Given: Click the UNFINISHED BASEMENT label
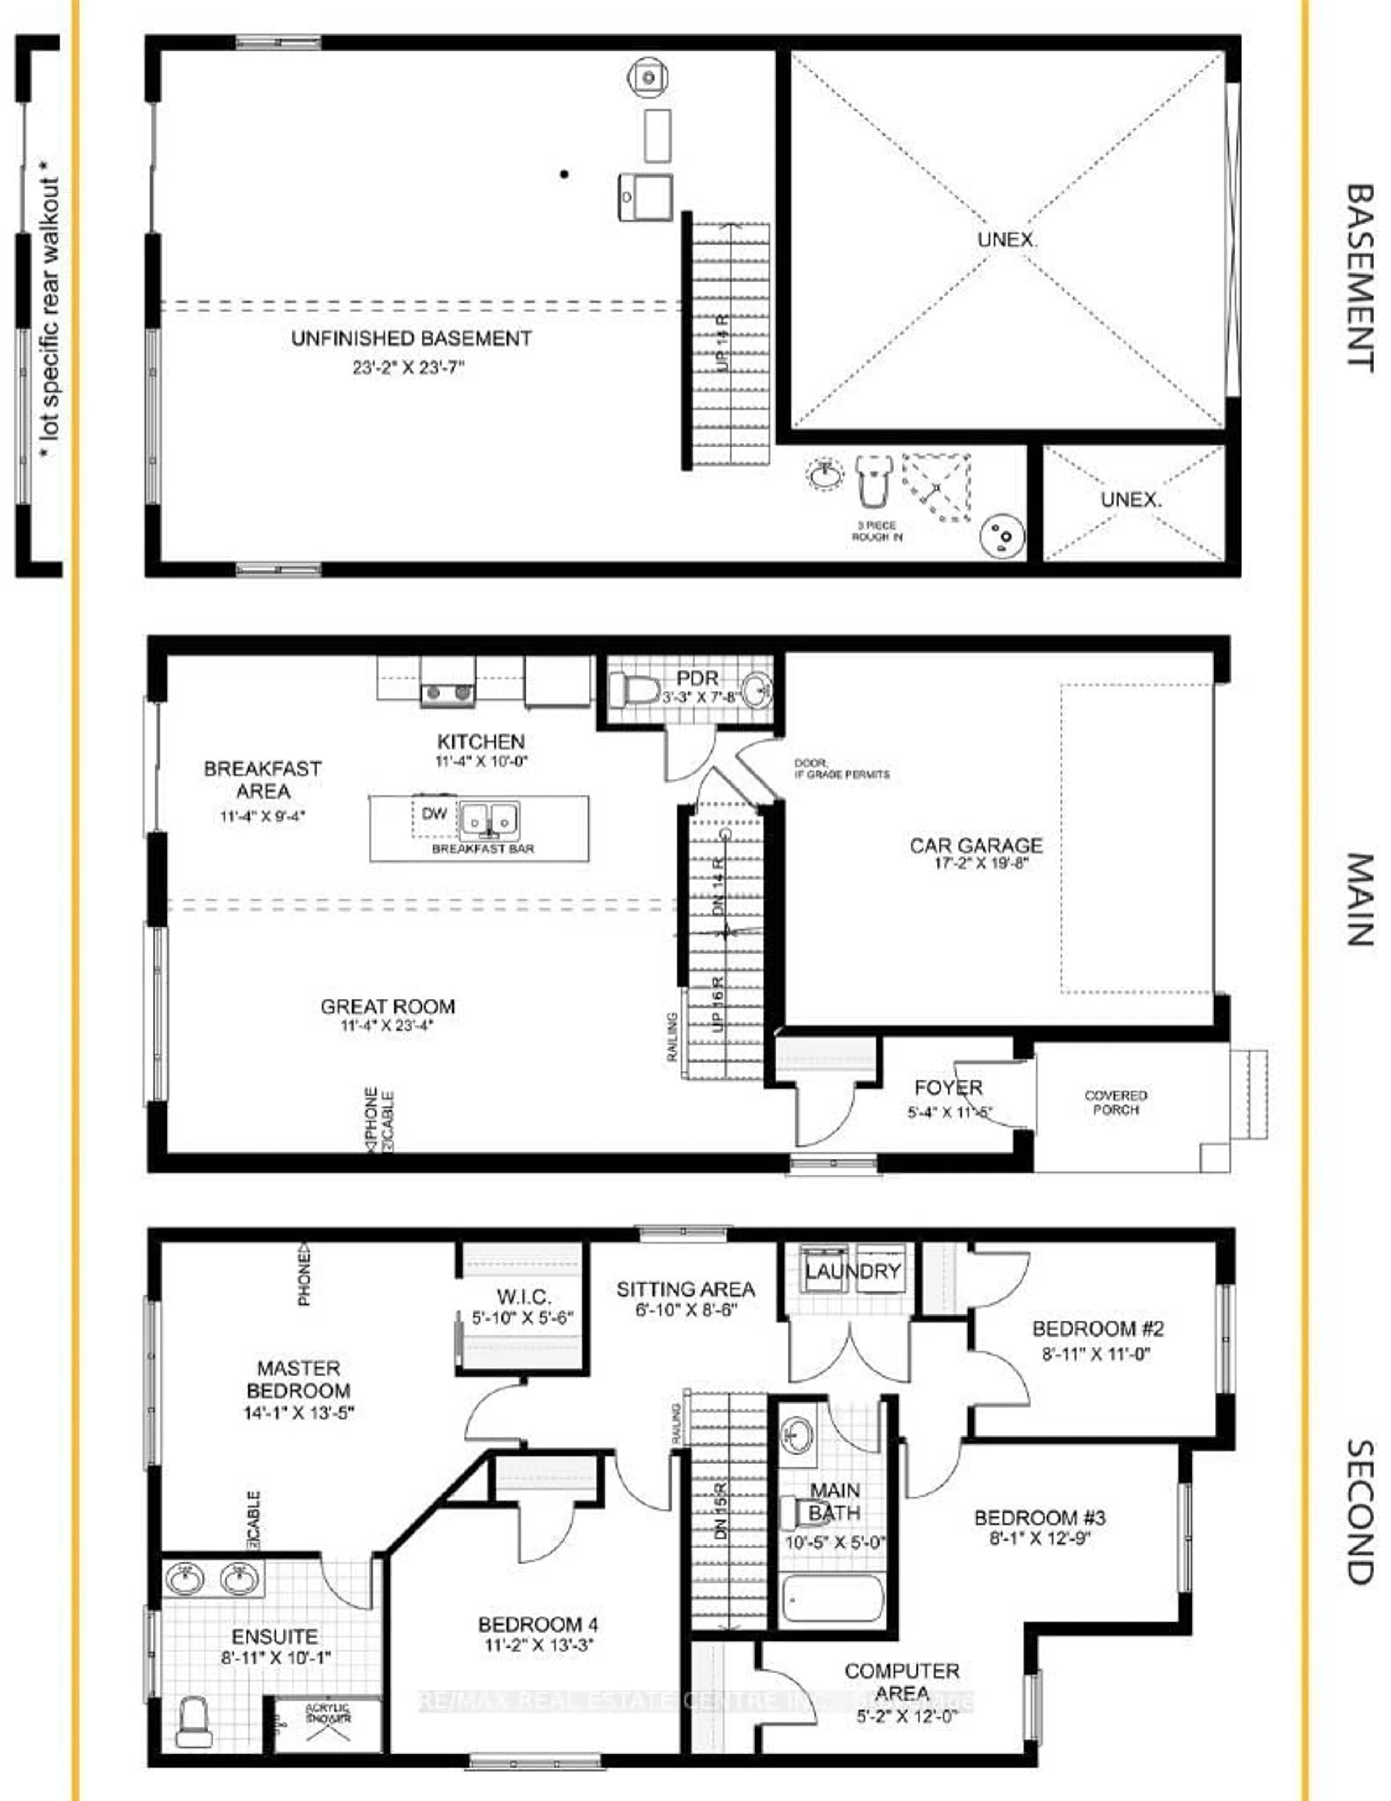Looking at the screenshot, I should point(411,338).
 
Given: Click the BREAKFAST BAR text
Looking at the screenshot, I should point(483,849).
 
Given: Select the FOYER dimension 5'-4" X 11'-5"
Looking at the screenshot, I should point(950,1112).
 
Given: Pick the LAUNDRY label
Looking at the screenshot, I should point(853,1272).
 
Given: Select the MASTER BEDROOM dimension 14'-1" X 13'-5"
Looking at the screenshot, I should point(298,1413).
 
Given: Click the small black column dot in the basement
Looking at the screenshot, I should point(564,174).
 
